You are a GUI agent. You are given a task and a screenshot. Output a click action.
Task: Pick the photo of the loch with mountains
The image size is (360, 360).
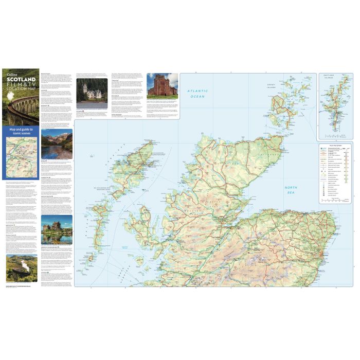click(x=57, y=144)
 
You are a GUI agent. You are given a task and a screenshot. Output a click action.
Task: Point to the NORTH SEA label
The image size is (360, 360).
click(x=291, y=190)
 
